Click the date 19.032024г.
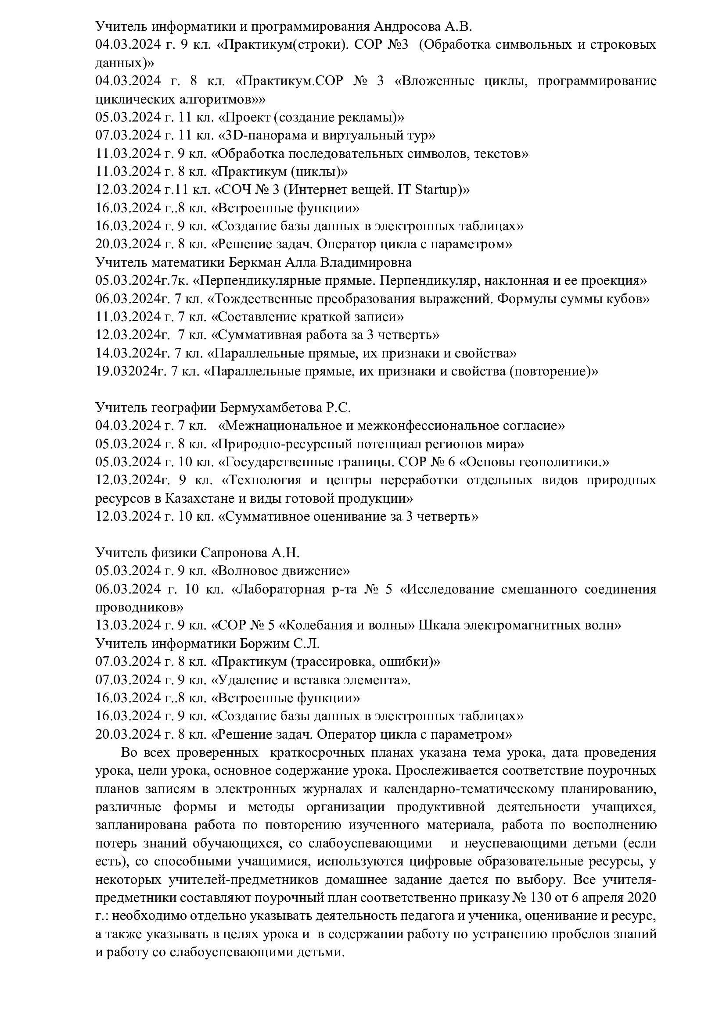pos(130,371)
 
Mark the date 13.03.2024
pos(127,625)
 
